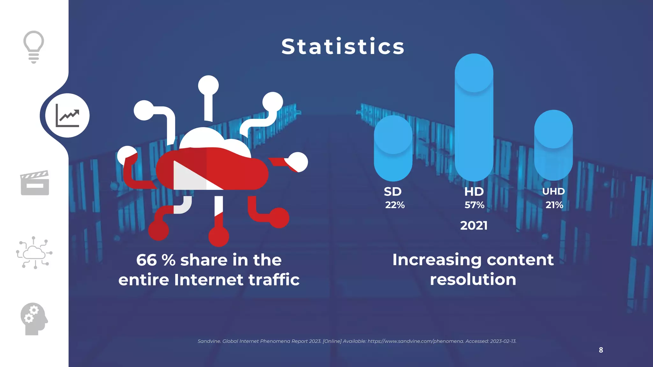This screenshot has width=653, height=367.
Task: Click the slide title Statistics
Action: (x=343, y=47)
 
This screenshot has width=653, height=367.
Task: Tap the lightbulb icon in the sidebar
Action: (x=33, y=46)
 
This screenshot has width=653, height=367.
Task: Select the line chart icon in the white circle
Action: (x=67, y=115)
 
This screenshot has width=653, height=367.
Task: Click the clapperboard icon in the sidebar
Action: (x=35, y=183)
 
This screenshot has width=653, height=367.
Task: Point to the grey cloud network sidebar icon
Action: (x=34, y=253)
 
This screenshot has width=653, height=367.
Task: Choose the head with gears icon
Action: (x=34, y=319)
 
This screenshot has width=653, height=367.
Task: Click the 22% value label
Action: (x=395, y=205)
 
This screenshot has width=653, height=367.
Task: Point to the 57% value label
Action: (x=474, y=205)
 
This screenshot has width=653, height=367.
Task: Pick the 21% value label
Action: (x=554, y=205)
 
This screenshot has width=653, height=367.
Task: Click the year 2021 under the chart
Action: (x=474, y=226)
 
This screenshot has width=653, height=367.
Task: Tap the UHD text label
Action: (x=554, y=191)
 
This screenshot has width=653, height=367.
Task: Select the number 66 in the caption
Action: (x=146, y=260)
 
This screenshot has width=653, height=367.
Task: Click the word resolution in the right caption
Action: (x=473, y=279)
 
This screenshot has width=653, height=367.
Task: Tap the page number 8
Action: (x=601, y=350)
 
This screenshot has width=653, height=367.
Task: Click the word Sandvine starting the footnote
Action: (x=209, y=341)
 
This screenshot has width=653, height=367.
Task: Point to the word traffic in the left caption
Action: (x=274, y=280)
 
